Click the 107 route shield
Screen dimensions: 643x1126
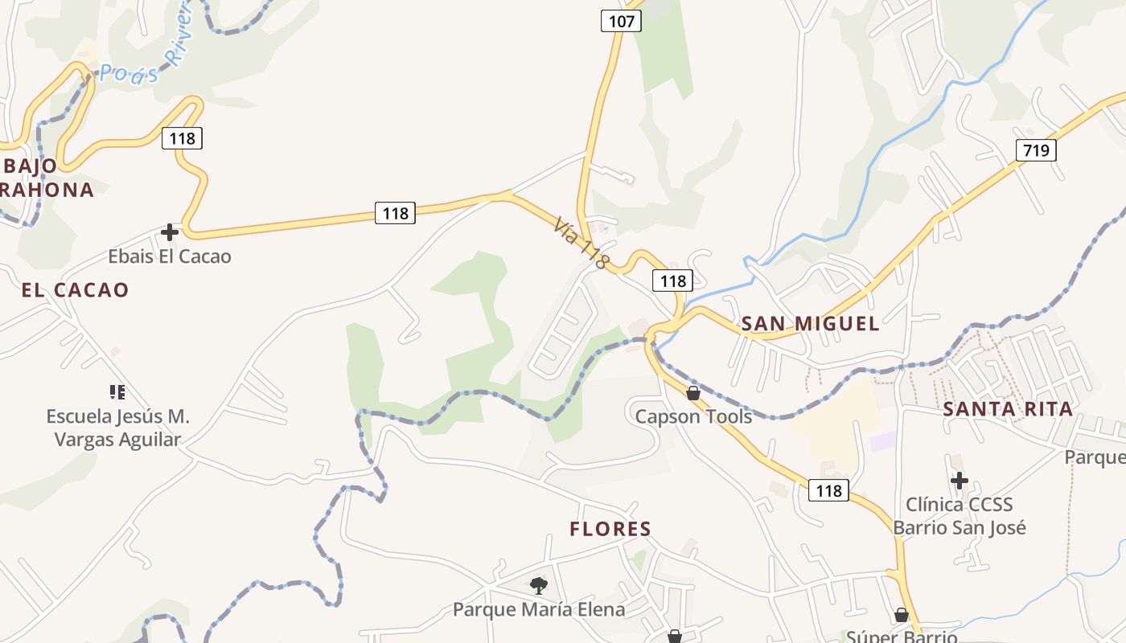[621, 21]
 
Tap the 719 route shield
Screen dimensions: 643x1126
[1035, 149]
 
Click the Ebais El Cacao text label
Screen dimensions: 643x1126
[170, 256]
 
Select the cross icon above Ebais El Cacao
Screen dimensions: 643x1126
[170, 232]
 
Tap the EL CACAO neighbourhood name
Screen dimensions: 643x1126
[76, 290]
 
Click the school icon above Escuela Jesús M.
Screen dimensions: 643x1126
[117, 392]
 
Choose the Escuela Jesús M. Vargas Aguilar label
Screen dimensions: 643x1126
[117, 428]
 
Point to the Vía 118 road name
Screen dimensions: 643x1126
[581, 242]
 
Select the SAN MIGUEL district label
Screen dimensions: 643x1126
[810, 324]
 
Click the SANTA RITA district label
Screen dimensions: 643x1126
[1008, 409]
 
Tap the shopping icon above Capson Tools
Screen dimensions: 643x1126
[692, 393]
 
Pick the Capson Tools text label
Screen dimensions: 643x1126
[693, 416]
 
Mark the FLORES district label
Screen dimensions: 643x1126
[610, 529]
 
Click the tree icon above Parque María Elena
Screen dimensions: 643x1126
[539, 586]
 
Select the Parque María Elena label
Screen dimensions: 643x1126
[539, 609]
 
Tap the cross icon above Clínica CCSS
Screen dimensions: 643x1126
[959, 481]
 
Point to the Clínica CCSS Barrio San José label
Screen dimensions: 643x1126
[959, 516]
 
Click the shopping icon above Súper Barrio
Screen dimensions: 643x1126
[902, 615]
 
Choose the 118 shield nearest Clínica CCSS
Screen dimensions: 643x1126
[828, 490]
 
